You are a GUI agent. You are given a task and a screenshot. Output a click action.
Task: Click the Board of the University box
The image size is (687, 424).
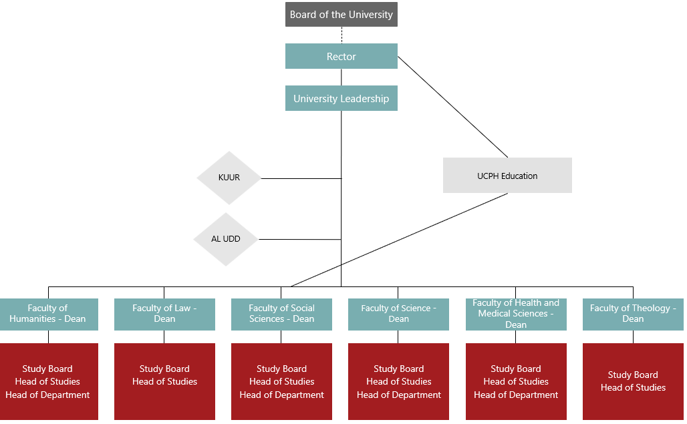click(341, 15)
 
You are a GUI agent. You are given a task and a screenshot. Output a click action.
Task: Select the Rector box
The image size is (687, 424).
click(341, 56)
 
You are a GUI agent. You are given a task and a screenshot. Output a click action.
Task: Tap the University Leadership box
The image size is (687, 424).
click(341, 98)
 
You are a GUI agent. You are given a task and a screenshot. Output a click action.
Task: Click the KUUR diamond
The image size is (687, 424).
click(229, 178)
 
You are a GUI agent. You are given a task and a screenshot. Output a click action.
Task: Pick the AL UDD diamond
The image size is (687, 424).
click(226, 239)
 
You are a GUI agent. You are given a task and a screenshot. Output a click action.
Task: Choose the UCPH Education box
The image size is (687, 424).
click(507, 176)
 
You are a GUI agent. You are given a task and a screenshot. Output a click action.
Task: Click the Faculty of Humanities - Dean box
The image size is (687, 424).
click(47, 314)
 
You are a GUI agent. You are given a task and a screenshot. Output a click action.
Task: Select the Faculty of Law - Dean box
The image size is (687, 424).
click(164, 314)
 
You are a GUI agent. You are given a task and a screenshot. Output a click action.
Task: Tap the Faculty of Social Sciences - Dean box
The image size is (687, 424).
click(281, 314)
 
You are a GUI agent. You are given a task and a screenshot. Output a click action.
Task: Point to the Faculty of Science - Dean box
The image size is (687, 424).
click(398, 314)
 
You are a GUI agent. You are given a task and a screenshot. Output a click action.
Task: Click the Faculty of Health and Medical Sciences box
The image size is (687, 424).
click(516, 314)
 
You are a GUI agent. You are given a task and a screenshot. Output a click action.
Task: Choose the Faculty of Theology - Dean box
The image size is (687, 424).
click(633, 314)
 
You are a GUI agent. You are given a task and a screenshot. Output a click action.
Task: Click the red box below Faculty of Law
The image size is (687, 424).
click(164, 381)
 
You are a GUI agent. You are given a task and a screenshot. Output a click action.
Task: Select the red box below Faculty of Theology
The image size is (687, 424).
click(633, 381)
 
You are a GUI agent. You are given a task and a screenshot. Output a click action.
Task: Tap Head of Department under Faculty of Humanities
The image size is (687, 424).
click(47, 395)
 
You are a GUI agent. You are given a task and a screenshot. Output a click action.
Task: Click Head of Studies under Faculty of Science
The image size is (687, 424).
click(398, 381)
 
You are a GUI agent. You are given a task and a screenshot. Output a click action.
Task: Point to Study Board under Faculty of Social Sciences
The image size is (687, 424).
click(281, 369)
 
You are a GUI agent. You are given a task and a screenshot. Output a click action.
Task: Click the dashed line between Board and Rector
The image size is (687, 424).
click(341, 35)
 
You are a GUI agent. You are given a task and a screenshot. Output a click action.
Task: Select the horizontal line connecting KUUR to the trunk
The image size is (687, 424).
click(301, 178)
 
